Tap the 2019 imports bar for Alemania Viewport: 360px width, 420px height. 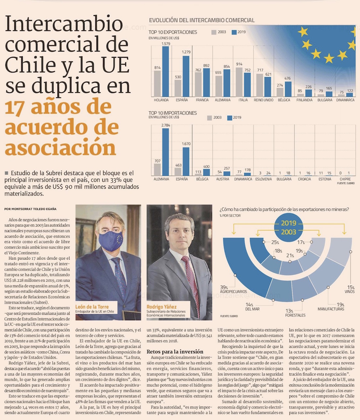click(x=165, y=152)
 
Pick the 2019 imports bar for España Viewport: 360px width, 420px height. click(x=186, y=161)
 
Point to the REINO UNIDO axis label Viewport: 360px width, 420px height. click(x=263, y=100)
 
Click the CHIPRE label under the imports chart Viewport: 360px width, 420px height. click(x=345, y=179)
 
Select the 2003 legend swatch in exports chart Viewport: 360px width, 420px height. click(x=214, y=32)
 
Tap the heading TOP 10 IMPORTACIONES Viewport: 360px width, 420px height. click(x=172, y=113)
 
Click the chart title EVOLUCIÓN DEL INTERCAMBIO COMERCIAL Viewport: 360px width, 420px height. click(x=202, y=21)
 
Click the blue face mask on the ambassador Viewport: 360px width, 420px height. click(x=111, y=241)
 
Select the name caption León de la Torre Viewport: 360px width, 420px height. click(x=92, y=307)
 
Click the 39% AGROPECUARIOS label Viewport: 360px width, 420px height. click(x=233, y=289)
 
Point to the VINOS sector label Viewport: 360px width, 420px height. click(x=349, y=291)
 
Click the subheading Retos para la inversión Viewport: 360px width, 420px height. click(x=175, y=352)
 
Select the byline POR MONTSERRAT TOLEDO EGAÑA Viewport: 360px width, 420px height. click(x=31, y=209)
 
